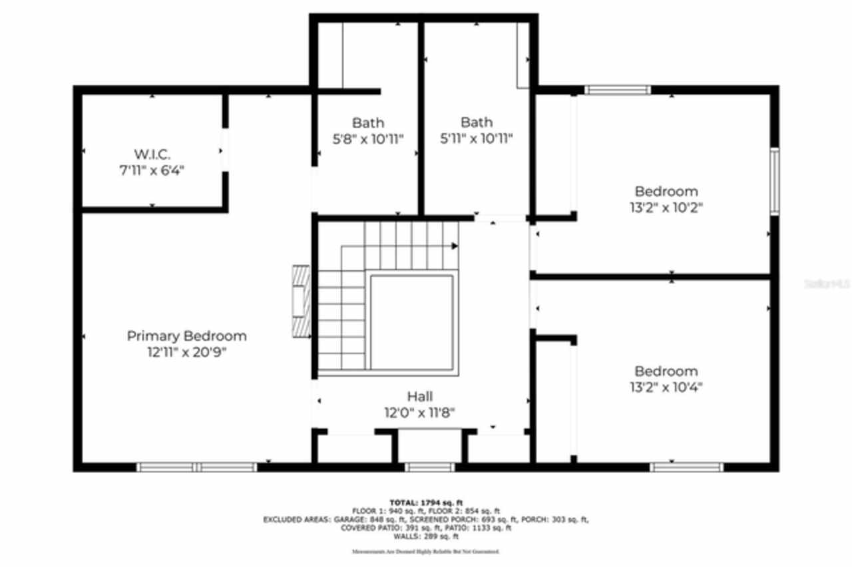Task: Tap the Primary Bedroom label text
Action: pos(186,336)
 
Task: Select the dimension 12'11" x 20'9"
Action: pos(186,353)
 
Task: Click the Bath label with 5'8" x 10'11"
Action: pos(367,122)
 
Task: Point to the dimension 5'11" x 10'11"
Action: pos(477,138)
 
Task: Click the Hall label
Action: pos(420,397)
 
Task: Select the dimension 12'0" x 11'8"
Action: pos(420,413)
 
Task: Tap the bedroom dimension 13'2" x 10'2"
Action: pos(666,207)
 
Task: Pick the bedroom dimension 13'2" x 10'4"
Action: pos(666,387)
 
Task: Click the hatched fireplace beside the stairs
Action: pos(302,303)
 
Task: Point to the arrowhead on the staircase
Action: pos(455,246)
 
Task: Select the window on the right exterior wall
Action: pos(774,181)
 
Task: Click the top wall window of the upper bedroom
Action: pos(617,89)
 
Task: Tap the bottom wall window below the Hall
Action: pos(429,467)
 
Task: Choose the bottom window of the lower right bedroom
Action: pos(686,467)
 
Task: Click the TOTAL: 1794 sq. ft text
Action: pos(426,502)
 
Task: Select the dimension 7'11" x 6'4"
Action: pos(151,170)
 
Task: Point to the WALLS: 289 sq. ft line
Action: pos(426,536)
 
